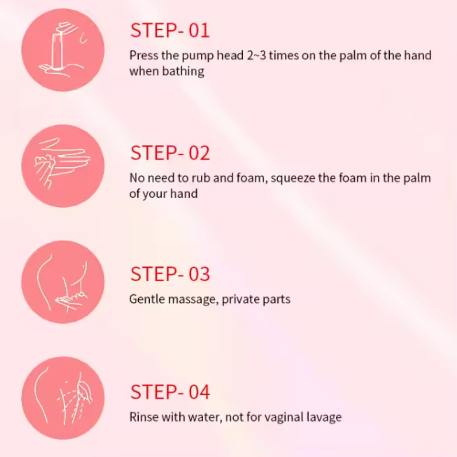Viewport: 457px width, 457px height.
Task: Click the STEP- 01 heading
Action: [x=170, y=30]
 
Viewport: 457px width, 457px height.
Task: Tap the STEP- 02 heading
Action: [x=170, y=153]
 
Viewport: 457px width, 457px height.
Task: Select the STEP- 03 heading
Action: [x=170, y=274]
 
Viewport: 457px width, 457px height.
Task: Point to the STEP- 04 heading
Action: [x=170, y=392]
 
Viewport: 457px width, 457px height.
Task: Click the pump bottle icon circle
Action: [x=63, y=50]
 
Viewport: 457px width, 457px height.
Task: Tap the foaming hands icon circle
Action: [x=63, y=166]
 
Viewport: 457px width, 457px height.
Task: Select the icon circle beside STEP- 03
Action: [x=63, y=282]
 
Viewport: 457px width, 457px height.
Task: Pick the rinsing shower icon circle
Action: [x=63, y=398]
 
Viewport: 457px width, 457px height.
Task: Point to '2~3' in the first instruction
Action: [x=257, y=55]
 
